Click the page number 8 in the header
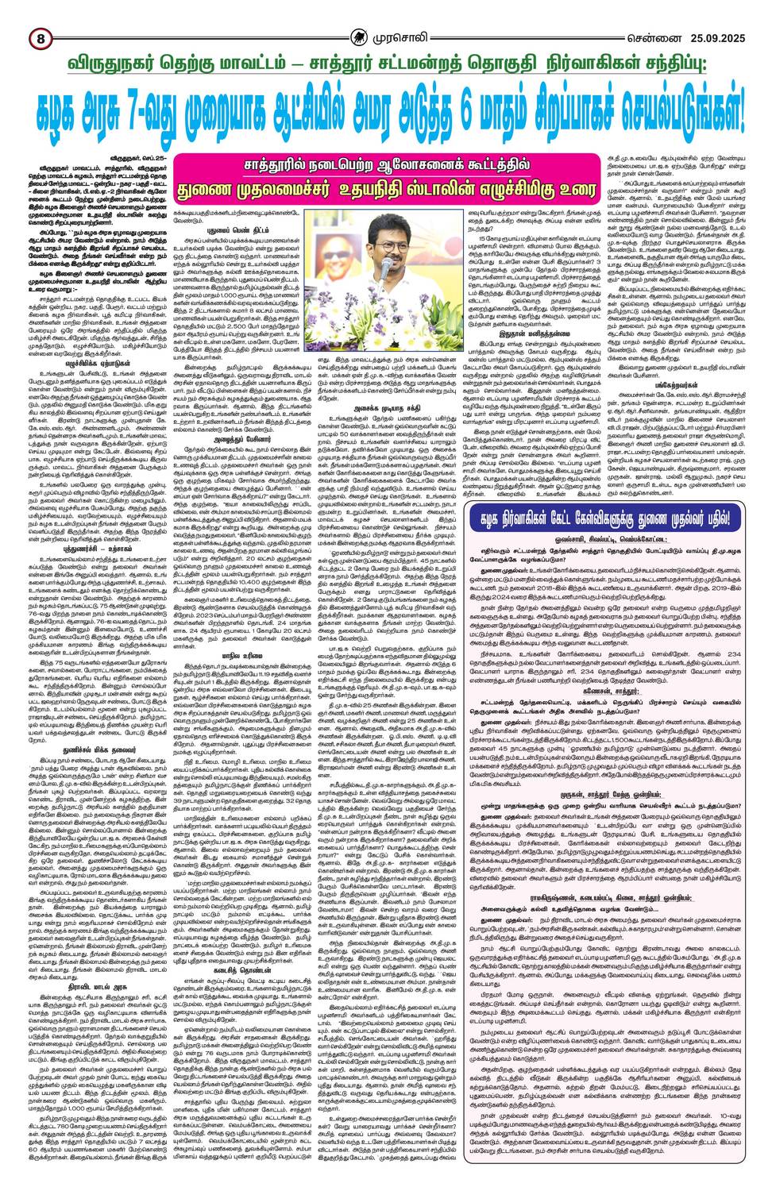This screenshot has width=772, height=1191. (38, 37)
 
